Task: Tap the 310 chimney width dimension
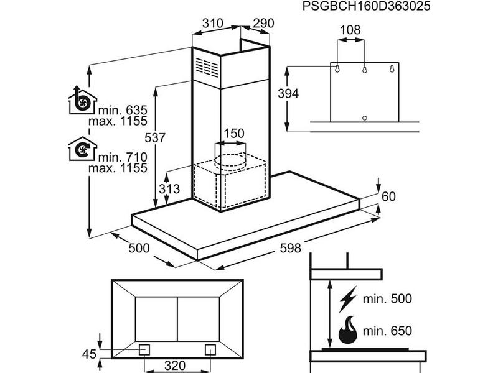[213, 24]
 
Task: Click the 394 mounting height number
[288, 94]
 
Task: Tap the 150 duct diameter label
[233, 134]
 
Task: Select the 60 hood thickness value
[388, 196]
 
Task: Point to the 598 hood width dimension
[289, 249]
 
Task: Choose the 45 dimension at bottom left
[90, 354]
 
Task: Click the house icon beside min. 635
[82, 101]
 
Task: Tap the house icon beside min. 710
[82, 150]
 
